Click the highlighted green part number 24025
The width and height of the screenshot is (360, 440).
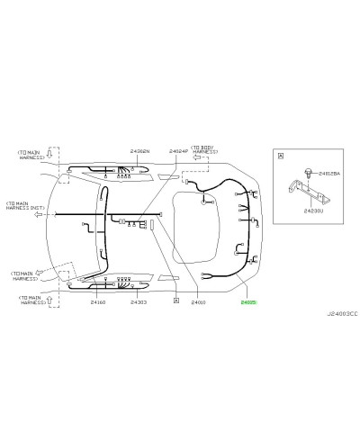tap(247, 303)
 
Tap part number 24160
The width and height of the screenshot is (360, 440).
tap(98, 303)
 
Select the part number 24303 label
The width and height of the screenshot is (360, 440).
tap(138, 303)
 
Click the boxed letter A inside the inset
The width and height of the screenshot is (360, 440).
tap(281, 157)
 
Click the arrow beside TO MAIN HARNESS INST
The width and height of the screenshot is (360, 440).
tap(38, 216)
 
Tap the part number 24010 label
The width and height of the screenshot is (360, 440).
tap(198, 303)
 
